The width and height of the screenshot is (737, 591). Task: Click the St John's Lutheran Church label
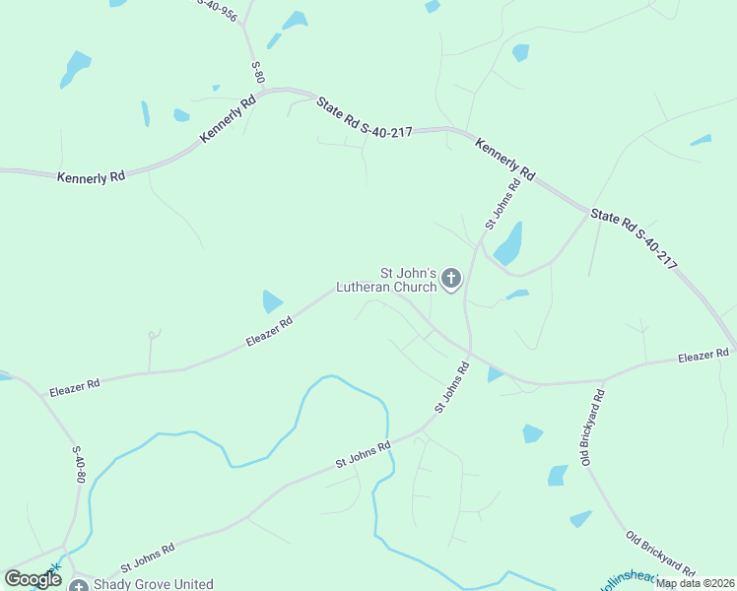[x=386, y=280]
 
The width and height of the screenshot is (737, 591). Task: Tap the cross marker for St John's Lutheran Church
[x=451, y=279]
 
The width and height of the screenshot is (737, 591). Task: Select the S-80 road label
[x=258, y=72]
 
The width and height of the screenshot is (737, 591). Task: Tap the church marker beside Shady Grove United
[x=79, y=585]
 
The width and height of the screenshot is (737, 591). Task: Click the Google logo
[x=33, y=579]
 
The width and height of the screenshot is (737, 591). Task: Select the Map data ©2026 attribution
[x=695, y=583]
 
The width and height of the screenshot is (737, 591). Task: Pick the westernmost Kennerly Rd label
[x=91, y=177]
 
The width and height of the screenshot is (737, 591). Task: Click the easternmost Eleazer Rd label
[x=703, y=355]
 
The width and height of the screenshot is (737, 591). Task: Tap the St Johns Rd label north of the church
[x=502, y=205]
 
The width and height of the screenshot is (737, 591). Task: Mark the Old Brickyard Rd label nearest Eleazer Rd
[x=591, y=427]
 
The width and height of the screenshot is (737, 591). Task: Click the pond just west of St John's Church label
[x=271, y=300]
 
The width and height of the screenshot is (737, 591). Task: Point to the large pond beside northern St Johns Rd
[x=508, y=243]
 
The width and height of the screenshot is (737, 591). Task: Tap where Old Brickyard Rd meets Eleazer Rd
[x=604, y=380]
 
